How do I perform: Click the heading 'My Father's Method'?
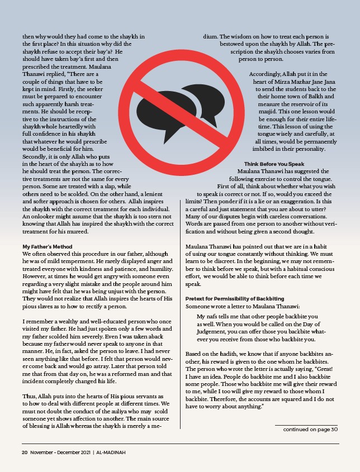tap(48, 246)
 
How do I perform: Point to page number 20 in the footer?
tap(25, 452)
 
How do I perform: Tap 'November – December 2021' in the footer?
tap(60, 452)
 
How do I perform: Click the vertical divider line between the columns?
tap(180, 313)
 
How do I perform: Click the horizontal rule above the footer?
tap(180, 444)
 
